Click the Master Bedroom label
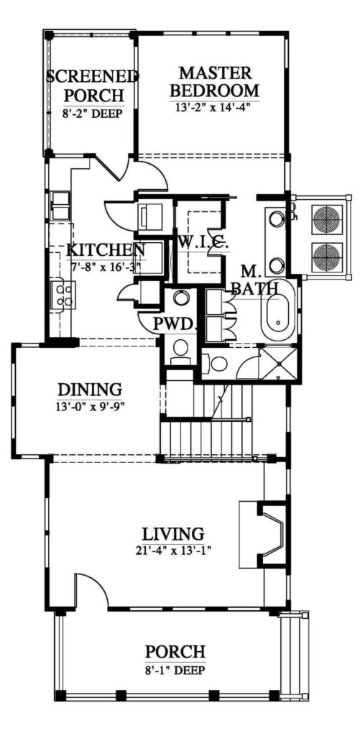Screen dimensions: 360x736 214,80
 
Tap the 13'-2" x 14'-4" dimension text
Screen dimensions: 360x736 214,106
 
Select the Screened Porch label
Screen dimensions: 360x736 93,86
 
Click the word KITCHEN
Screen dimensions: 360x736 106,249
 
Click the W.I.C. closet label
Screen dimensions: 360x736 203,244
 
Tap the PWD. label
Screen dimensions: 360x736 174,324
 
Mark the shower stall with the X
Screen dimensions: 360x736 278,363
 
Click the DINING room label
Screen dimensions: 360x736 90,390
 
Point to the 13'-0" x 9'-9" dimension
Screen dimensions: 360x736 90,405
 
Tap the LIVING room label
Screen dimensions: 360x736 174,534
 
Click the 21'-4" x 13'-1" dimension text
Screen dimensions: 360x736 174,550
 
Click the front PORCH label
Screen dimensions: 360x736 175,652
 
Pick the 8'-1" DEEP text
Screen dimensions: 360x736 175,670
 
